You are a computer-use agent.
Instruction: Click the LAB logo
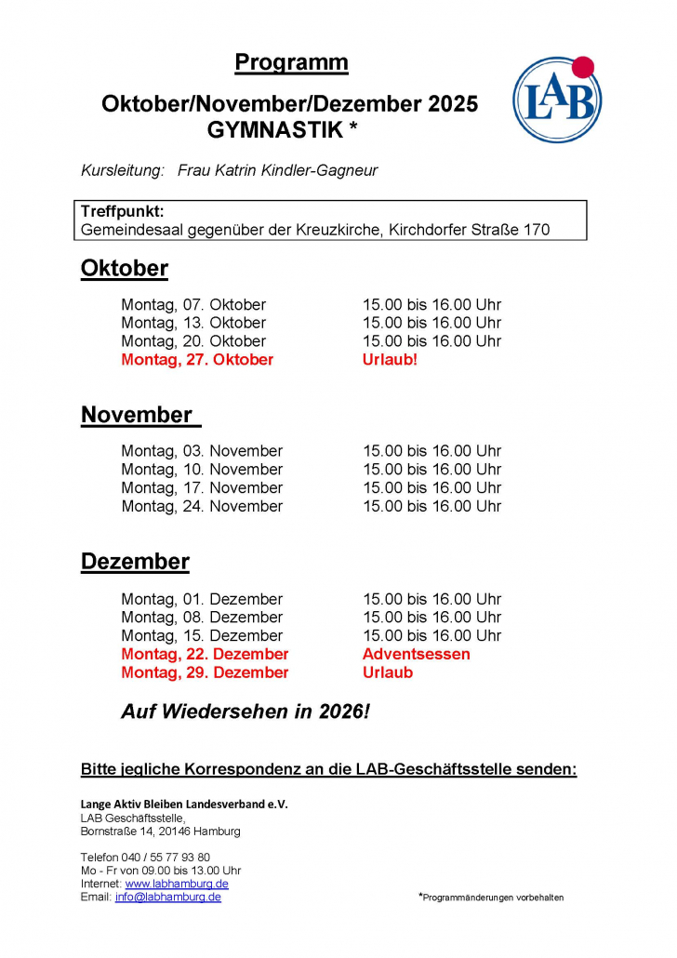pyautogui.click(x=557, y=100)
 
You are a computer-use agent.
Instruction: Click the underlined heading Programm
pyautogui.click(x=291, y=63)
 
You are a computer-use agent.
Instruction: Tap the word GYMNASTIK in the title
pyautogui.click(x=274, y=130)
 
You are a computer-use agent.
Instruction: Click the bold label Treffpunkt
pyautogui.click(x=122, y=211)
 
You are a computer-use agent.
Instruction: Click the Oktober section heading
pyautogui.click(x=125, y=269)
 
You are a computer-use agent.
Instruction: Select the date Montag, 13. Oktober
pyautogui.click(x=193, y=323)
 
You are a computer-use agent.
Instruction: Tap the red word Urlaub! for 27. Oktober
pyautogui.click(x=390, y=360)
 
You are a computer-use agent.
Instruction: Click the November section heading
pyautogui.click(x=137, y=415)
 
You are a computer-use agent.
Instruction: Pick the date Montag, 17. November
pyautogui.click(x=202, y=487)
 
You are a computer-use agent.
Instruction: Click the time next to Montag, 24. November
pyautogui.click(x=431, y=506)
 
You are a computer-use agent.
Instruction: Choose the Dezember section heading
pyautogui.click(x=135, y=562)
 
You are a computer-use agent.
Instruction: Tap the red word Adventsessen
pyautogui.click(x=416, y=654)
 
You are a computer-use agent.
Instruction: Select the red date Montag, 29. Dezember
pyautogui.click(x=205, y=672)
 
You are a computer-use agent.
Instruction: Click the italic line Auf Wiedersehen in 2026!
pyautogui.click(x=246, y=712)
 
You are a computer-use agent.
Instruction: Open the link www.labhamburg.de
pyautogui.click(x=177, y=884)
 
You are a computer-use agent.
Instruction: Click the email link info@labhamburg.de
pyautogui.click(x=168, y=898)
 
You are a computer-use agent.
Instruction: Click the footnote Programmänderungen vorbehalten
pyautogui.click(x=492, y=898)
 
